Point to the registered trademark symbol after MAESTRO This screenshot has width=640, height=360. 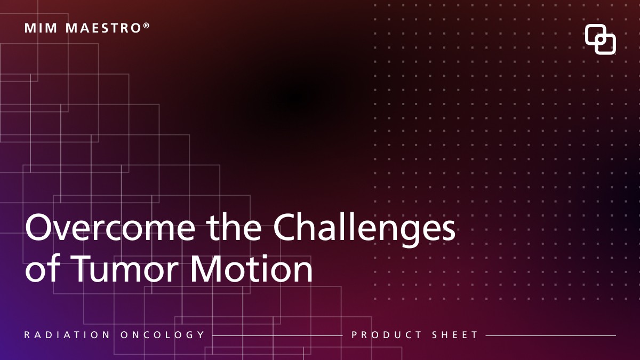coord(146,25)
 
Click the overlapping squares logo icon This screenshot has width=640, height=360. coord(600,39)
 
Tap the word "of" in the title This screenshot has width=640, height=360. coord(42,270)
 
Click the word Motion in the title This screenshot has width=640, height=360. coord(252,270)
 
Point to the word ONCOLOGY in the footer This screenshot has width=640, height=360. coord(163,335)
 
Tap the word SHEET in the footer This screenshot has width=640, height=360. coord(455,335)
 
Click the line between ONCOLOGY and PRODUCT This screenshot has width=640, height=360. coord(277,336)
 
